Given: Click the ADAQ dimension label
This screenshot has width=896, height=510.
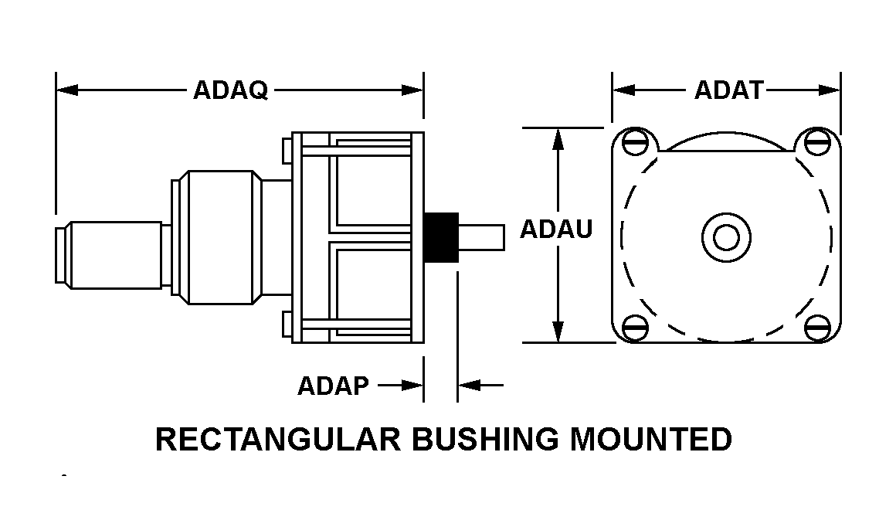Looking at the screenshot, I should pyautogui.click(x=230, y=90).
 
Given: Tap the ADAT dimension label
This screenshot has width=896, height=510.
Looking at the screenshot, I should pyautogui.click(x=728, y=90).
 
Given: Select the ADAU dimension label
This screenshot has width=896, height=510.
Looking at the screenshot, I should pyautogui.click(x=556, y=229).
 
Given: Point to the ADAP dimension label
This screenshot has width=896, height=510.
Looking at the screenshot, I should pyautogui.click(x=334, y=385).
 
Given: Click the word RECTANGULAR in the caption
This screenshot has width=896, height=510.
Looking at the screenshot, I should pyautogui.click(x=277, y=439).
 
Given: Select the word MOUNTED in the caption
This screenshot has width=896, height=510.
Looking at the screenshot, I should pyautogui.click(x=651, y=439).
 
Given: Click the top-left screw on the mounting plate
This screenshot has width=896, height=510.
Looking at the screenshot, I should pyautogui.click(x=635, y=141).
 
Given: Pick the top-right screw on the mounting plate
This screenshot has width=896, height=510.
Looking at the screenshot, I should pyautogui.click(x=816, y=141).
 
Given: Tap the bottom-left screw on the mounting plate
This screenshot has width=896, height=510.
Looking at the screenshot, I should pyautogui.click(x=635, y=327).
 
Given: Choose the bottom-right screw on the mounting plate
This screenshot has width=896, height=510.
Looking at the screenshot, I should pyautogui.click(x=816, y=327).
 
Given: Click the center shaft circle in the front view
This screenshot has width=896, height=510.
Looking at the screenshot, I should pyautogui.click(x=726, y=236).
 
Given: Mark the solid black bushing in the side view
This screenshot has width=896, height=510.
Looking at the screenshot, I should pyautogui.click(x=441, y=236).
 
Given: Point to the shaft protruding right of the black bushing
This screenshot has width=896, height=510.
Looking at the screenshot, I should pyautogui.click(x=482, y=236).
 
